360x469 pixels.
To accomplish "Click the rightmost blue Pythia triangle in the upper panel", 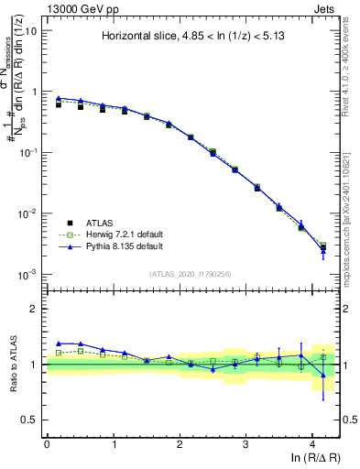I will click(322, 251).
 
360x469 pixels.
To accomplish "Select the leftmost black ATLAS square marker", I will click(59, 104).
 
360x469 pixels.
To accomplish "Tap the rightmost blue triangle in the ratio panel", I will click(322, 375).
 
